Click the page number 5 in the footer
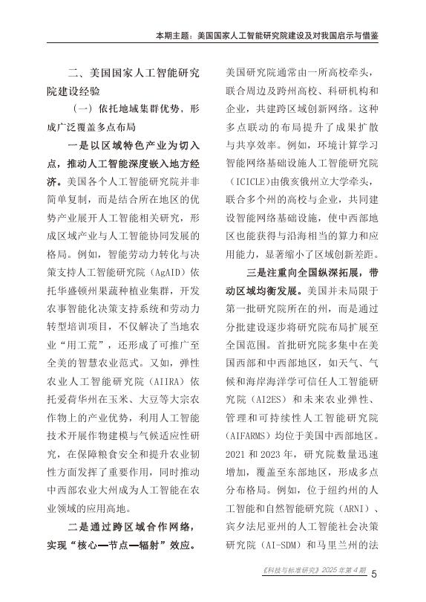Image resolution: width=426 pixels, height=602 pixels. (x=375, y=573)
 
